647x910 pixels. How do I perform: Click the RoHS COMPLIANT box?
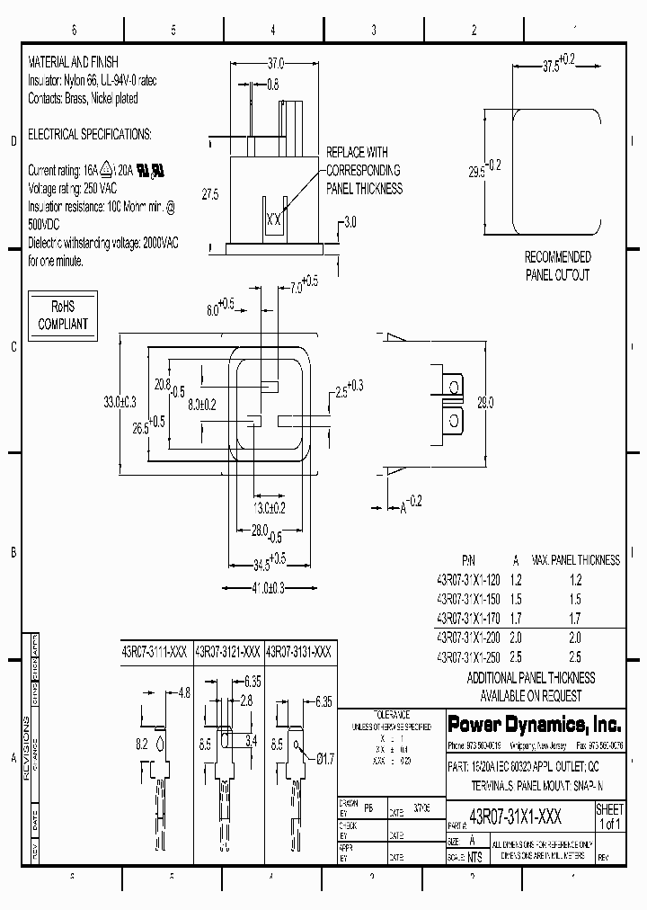coord(62,314)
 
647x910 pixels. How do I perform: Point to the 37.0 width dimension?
coord(275,64)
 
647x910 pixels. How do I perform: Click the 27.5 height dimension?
coord(209,193)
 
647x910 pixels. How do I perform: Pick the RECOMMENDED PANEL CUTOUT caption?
coord(557,266)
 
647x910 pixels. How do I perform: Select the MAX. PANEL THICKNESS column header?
coord(575,559)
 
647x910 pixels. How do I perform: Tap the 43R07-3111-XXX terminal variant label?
coord(155,654)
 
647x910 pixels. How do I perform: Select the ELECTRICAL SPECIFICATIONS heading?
coord(90,134)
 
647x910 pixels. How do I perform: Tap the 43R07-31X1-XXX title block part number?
coord(517,816)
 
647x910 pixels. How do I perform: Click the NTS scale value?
coord(474,857)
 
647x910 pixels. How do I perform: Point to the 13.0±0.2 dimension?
coord(267,508)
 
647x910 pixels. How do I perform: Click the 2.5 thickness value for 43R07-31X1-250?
coord(575,657)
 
